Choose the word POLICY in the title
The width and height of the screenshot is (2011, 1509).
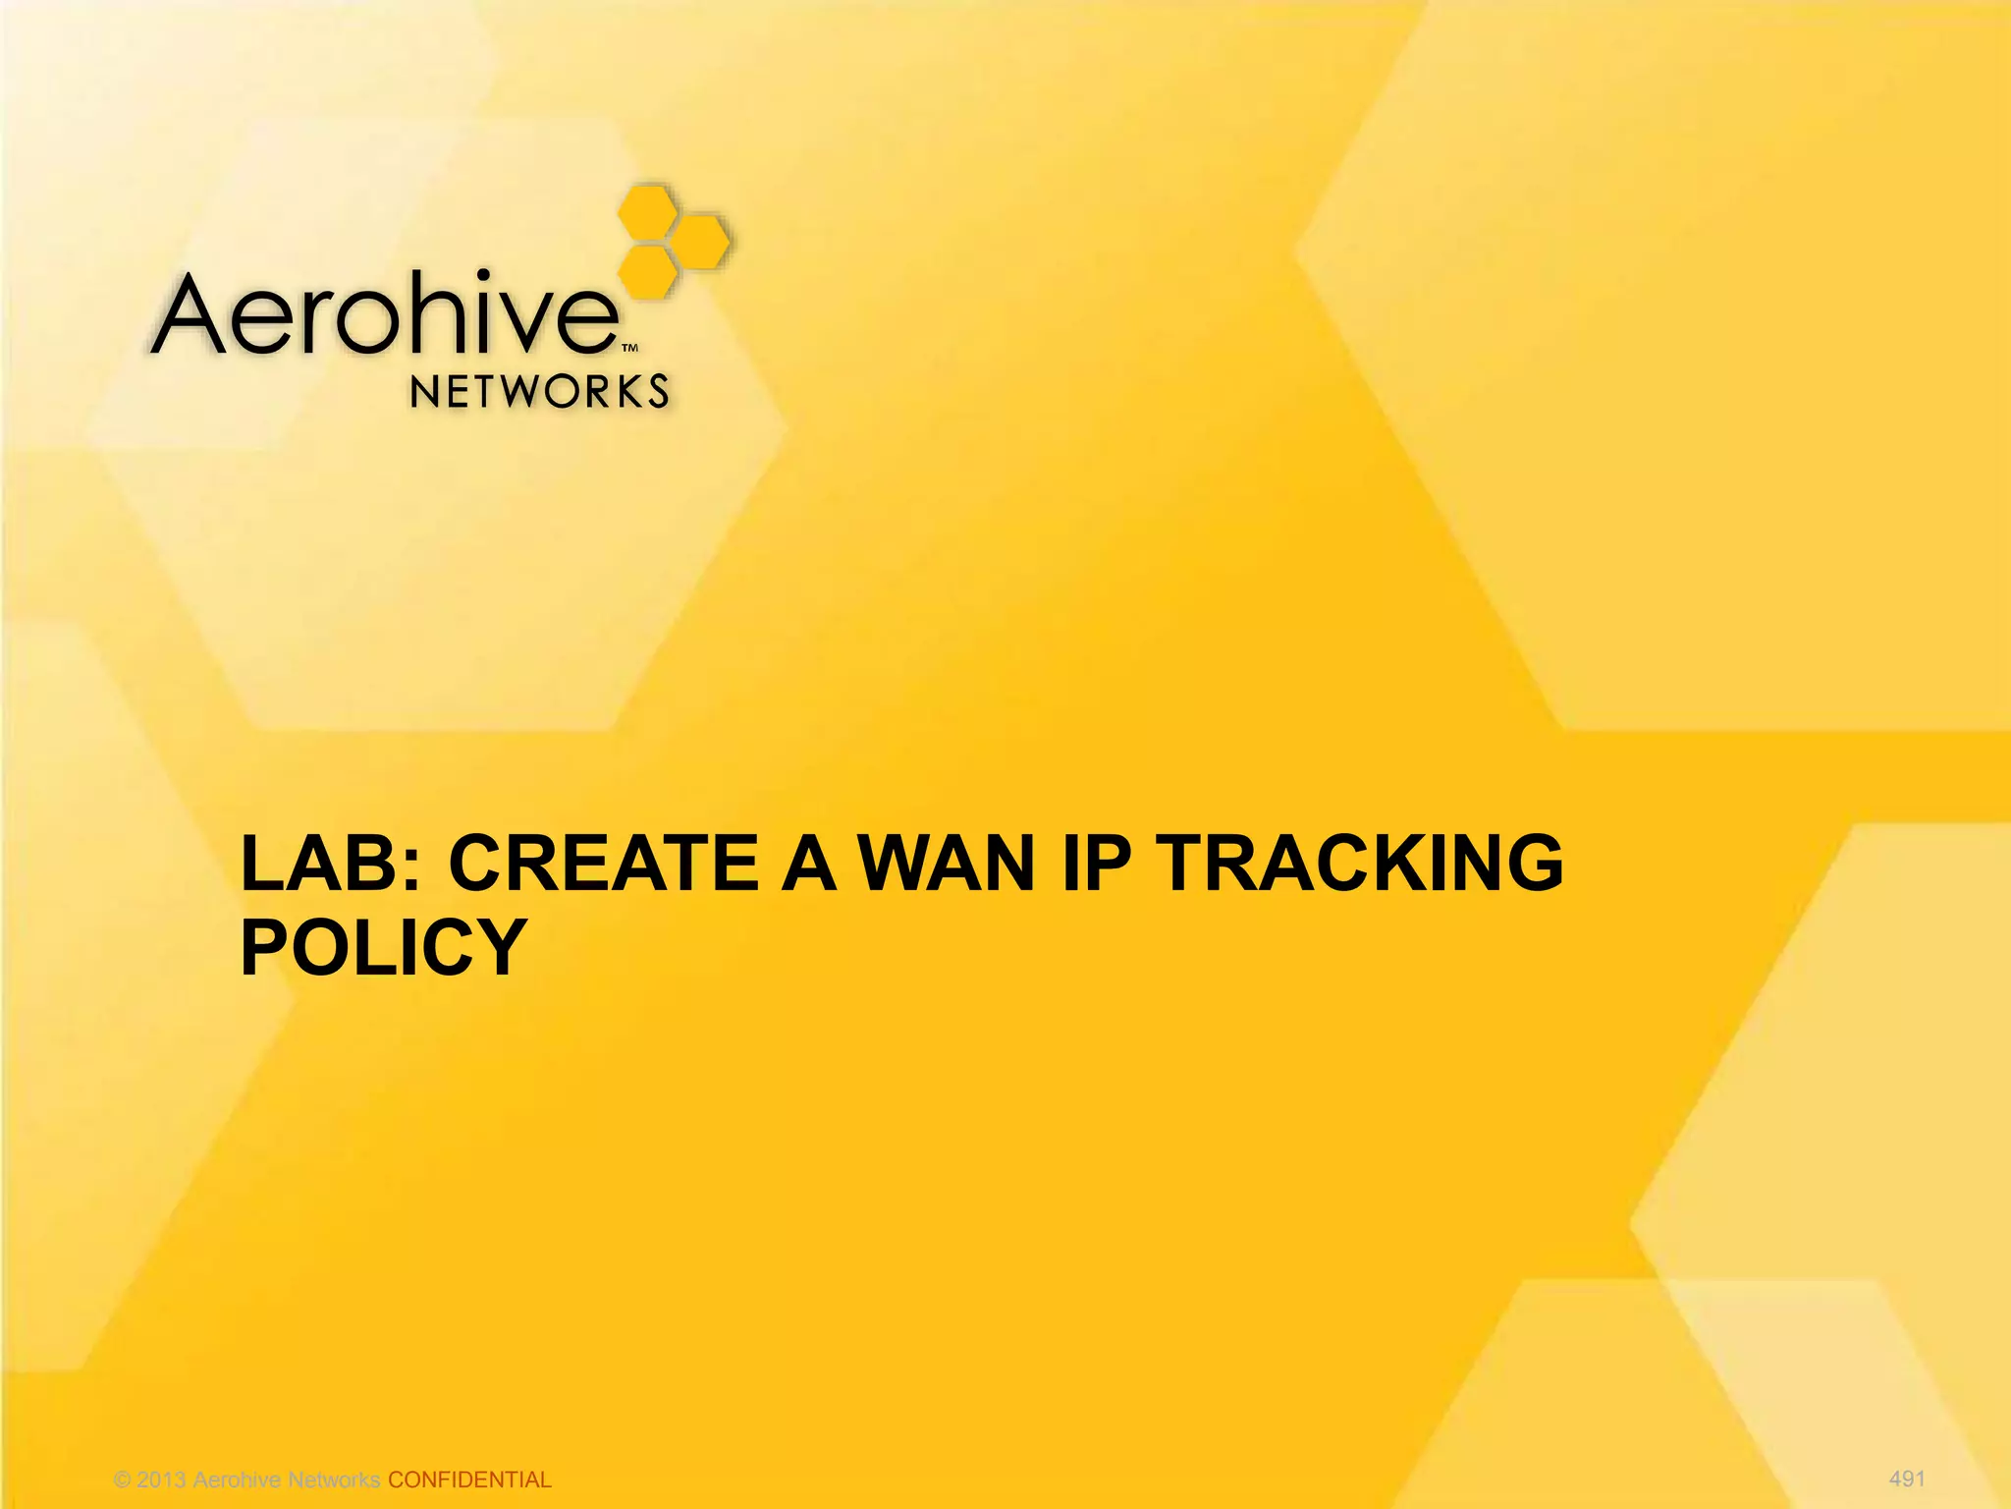(x=384, y=947)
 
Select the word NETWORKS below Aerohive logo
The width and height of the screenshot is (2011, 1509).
(x=539, y=392)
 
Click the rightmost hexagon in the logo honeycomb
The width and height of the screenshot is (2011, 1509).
(x=702, y=240)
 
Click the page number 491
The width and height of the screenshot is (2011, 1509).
(x=1907, y=1479)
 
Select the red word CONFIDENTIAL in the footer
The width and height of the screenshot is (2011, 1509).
(x=469, y=1480)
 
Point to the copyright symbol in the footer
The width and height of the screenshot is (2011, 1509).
(x=123, y=1481)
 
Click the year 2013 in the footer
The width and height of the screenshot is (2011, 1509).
(x=161, y=1480)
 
